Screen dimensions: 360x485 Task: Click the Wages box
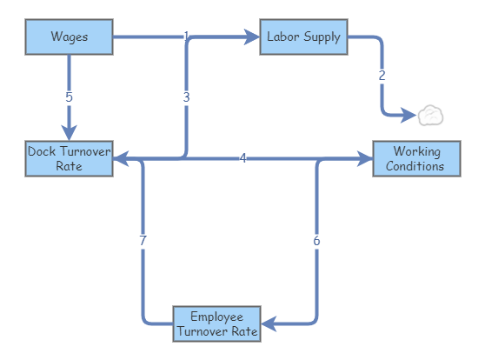(69, 37)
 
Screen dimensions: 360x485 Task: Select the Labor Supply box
(304, 37)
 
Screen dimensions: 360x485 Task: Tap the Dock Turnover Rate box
(69, 158)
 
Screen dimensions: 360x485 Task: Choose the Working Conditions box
(416, 158)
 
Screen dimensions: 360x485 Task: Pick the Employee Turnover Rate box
(217, 323)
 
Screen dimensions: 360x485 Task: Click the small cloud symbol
(431, 115)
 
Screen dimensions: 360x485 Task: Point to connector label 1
(186, 36)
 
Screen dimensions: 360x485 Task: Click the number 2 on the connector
(382, 76)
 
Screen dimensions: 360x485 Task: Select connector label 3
(186, 97)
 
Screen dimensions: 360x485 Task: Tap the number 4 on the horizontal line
(243, 158)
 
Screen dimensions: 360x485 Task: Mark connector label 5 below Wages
(69, 96)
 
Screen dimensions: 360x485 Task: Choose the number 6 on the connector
(316, 241)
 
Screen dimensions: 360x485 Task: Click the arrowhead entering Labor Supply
(252, 37)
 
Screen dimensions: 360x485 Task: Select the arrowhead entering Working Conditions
(364, 159)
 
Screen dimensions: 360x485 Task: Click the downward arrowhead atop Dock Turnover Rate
(69, 130)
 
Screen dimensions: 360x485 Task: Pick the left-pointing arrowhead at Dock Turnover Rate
(121, 159)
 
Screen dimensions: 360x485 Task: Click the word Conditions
(416, 165)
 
